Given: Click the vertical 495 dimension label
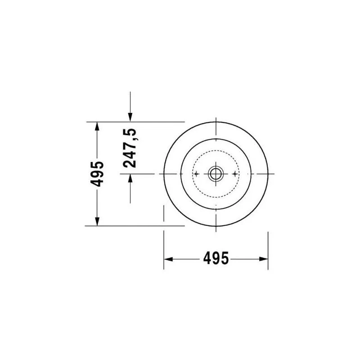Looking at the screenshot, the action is tap(97, 174).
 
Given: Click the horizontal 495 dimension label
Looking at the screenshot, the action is tap(216, 258).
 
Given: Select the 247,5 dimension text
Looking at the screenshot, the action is tap(130, 148).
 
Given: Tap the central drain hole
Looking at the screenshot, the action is tap(216, 174).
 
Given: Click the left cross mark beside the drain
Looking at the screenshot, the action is tap(196, 174).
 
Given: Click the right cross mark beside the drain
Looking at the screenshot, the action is tap(234, 174).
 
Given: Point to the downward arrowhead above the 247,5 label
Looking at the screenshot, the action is tap(130, 117).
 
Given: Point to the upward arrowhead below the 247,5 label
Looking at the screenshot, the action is tap(130, 179).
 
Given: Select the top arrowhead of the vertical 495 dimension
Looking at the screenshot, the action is tap(97, 126).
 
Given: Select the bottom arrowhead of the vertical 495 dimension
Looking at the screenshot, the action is tap(97, 221).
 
